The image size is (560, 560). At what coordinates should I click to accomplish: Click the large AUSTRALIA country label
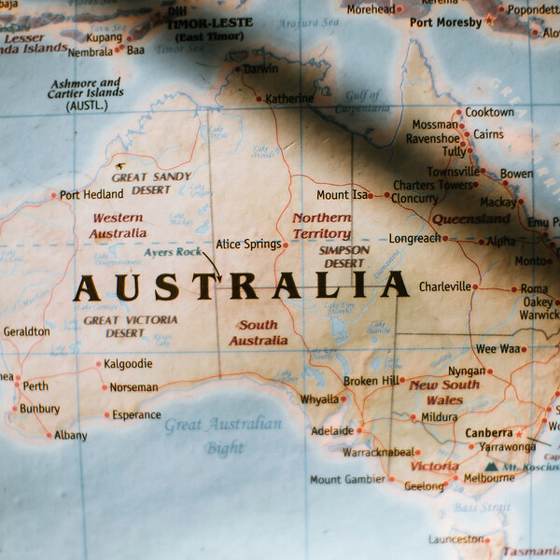241,286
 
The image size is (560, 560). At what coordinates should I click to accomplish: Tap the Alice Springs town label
247,245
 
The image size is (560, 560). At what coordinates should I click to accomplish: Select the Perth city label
35,386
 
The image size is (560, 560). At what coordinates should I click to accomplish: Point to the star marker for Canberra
519,434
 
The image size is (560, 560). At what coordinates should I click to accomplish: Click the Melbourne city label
489,478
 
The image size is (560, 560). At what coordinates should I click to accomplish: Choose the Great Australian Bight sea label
223,435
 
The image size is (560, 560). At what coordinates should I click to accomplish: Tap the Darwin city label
259,69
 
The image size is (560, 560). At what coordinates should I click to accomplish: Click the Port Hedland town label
91,195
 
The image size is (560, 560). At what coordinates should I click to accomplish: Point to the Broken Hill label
371,381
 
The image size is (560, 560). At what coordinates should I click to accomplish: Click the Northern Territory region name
321,226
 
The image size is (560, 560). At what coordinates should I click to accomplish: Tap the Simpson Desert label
343,257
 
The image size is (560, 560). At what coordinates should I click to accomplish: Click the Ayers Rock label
172,252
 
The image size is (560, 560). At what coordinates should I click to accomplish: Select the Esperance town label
136,415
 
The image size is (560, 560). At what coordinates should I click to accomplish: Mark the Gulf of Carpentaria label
363,101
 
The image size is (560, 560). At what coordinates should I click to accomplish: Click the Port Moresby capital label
445,21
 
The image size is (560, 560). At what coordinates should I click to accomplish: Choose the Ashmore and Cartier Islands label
85,94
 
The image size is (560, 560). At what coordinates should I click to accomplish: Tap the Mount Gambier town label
347,480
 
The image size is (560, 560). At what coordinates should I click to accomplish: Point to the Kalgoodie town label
128,364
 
